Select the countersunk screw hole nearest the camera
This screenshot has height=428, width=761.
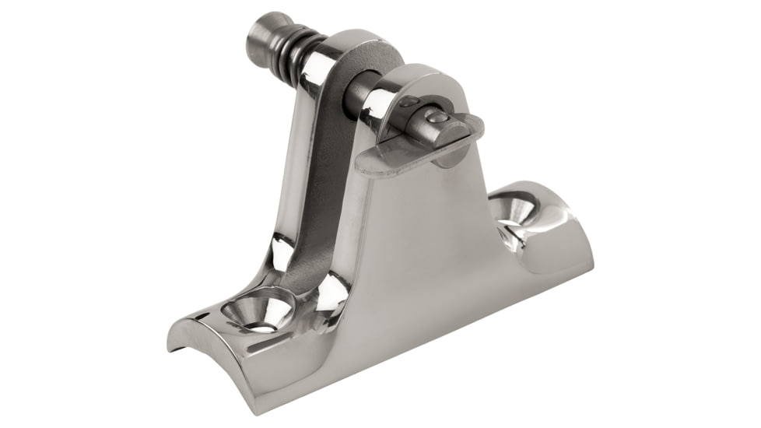(256, 312)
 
